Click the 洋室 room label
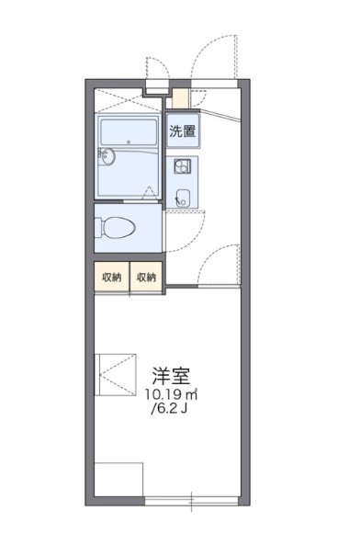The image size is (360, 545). [x=173, y=376]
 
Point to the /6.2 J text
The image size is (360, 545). [x=173, y=409]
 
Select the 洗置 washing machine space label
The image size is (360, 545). [x=182, y=131]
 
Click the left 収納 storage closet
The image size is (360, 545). [x=112, y=277]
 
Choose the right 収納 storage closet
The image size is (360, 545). [x=147, y=277]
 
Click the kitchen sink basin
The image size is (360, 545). [x=182, y=195]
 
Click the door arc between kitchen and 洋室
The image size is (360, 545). [x=220, y=262]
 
